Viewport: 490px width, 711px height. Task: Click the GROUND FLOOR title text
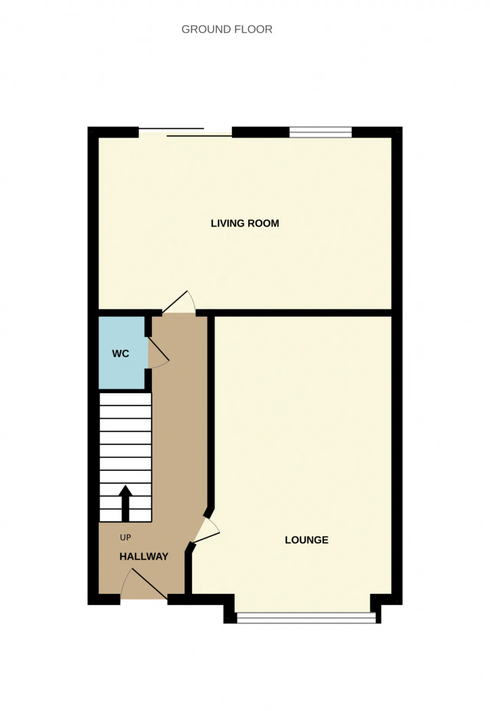pos(227,29)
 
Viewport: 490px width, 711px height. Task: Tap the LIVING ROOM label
pos(245,223)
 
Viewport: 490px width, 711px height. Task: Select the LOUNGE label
pos(307,540)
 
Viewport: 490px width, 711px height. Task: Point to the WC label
pos(121,354)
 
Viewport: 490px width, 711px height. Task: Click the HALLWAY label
pos(144,556)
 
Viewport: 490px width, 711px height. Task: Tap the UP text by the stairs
pos(126,537)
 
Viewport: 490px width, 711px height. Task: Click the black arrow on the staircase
pos(125,503)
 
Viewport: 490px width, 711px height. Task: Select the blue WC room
pos(122,353)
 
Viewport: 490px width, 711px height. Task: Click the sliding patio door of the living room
pos(185,132)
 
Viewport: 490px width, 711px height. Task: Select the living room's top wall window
pos(320,132)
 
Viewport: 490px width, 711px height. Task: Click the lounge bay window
pos(306,618)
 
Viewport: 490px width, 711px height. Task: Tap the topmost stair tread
pos(126,400)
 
